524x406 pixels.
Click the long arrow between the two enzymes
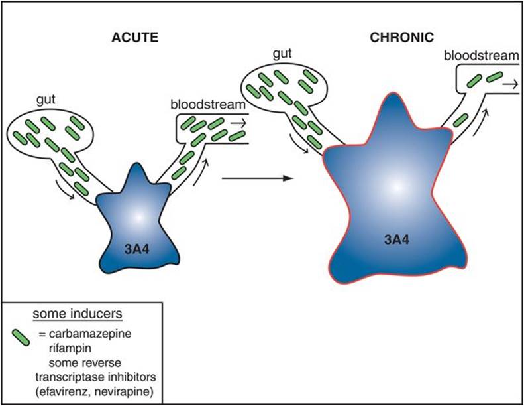point(257,178)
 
